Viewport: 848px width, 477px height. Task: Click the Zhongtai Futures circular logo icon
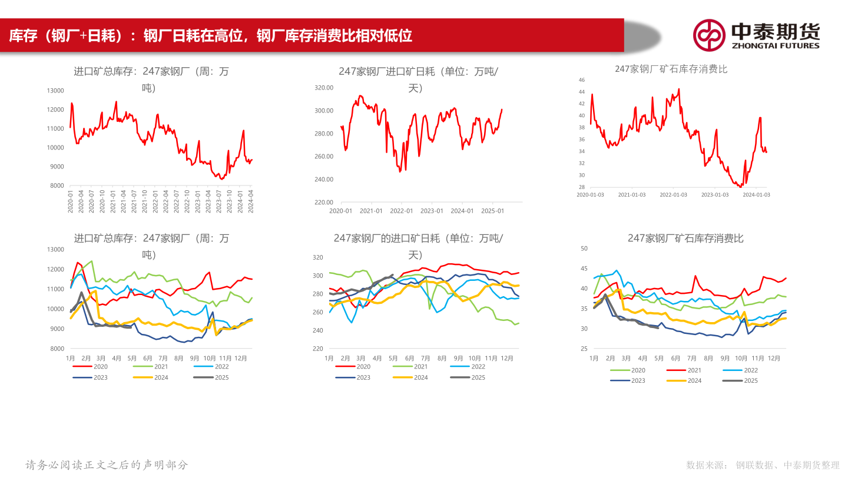[x=708, y=35]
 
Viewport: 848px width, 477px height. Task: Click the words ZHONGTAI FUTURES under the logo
[x=775, y=45]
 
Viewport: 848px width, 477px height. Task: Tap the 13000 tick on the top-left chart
[x=55, y=91]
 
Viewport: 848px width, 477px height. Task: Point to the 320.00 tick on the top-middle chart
[x=324, y=88]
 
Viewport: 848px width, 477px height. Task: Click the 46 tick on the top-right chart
[x=581, y=79]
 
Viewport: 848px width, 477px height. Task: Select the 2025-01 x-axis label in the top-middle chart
[x=492, y=211]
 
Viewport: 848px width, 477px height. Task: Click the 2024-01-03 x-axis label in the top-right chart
[x=756, y=194]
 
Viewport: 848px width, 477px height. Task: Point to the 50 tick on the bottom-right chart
[x=584, y=249]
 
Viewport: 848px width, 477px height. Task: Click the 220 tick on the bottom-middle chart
[x=318, y=349]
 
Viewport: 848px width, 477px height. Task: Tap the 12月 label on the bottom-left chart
[x=240, y=358]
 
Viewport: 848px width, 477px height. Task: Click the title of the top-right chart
[x=671, y=69]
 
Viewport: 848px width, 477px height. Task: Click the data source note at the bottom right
[x=763, y=465]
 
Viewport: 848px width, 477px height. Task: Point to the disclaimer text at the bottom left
[x=107, y=465]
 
